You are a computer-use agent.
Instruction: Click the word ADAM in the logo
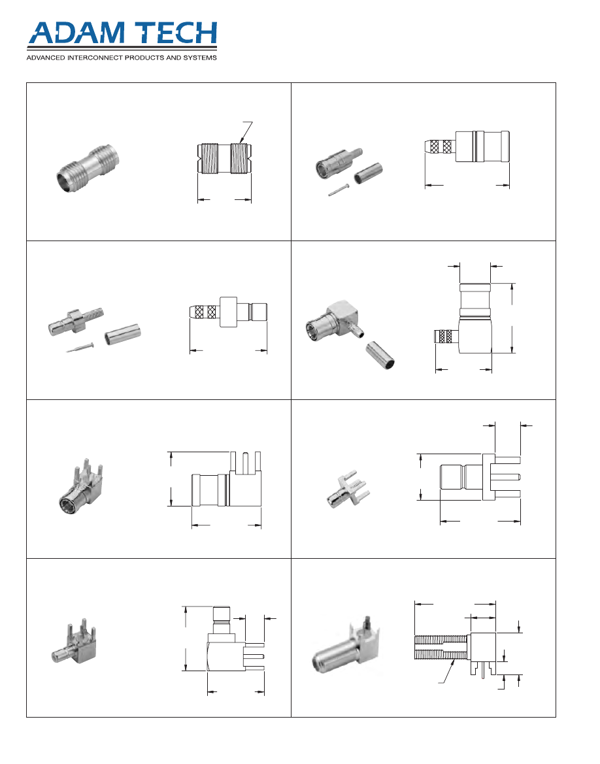[76, 33]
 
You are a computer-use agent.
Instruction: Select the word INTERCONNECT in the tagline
[95, 58]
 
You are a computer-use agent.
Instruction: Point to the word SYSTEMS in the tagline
[200, 58]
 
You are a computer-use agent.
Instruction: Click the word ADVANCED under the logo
[45, 58]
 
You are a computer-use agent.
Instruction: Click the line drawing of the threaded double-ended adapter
[224, 158]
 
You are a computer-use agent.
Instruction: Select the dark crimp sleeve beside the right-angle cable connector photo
[380, 355]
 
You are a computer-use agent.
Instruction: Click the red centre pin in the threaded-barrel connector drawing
[482, 671]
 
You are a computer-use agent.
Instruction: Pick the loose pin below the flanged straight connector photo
[80, 348]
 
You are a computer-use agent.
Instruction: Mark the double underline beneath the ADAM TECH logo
[122, 48]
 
